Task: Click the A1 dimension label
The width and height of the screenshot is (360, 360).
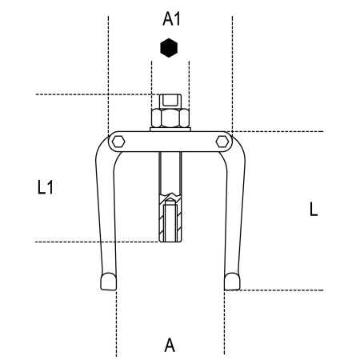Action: tap(171, 19)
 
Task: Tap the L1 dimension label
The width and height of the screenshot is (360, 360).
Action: tap(46, 187)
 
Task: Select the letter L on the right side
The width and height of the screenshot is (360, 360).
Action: tap(314, 210)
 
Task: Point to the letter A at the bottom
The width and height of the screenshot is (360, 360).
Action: tap(170, 346)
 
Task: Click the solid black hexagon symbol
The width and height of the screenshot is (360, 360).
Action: tap(169, 48)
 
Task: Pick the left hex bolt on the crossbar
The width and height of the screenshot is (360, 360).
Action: tap(118, 142)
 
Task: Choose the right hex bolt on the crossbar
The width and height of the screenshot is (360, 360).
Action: tap(222, 142)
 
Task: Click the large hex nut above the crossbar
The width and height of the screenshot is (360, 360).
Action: tap(170, 118)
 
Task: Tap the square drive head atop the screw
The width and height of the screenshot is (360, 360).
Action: tap(170, 102)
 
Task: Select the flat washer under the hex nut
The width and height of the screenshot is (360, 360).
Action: tap(170, 130)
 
